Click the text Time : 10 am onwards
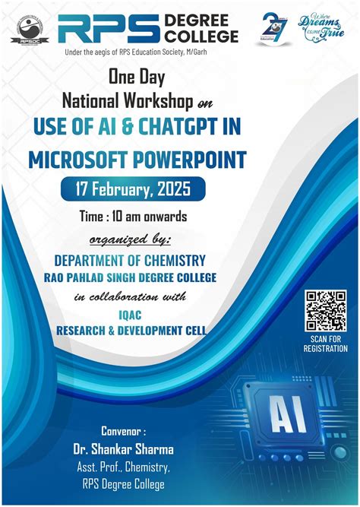coord(133,217)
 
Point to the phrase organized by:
coord(131,240)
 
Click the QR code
coord(325,311)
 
